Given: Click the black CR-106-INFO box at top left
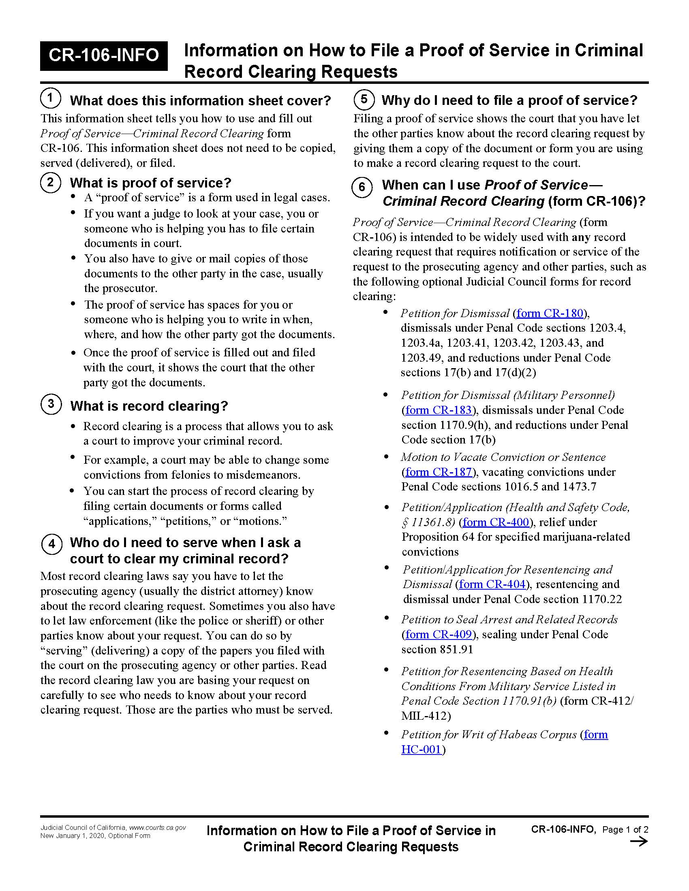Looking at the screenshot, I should pyautogui.click(x=104, y=55).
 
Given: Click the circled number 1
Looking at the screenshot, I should pyautogui.click(x=50, y=98).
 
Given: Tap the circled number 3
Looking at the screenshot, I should pyautogui.click(x=51, y=404).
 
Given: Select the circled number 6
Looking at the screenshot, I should pyautogui.click(x=362, y=187).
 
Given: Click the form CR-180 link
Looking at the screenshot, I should pyautogui.click(x=550, y=313).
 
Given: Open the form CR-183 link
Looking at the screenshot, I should pyautogui.click(x=439, y=410).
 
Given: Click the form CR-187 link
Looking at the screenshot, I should pyautogui.click(x=439, y=472).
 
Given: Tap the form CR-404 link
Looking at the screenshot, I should pyautogui.click(x=492, y=584).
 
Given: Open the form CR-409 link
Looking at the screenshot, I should pyautogui.click(x=439, y=634).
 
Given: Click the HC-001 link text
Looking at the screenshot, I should pyautogui.click(x=421, y=749).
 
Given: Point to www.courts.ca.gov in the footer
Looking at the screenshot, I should pyautogui.click(x=158, y=828).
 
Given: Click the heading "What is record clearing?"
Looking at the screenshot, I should pyautogui.click(x=149, y=406).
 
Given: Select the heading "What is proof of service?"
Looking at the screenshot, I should pyautogui.click(x=151, y=183).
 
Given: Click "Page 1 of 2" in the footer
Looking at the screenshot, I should pyautogui.click(x=625, y=829).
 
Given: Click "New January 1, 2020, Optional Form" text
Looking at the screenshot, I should pyautogui.click(x=95, y=836).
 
